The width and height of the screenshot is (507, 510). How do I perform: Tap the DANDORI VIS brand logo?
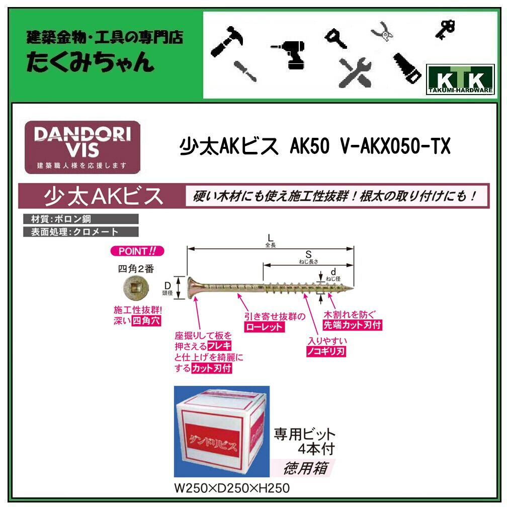82,147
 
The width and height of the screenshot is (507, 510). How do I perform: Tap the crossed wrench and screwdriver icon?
355,70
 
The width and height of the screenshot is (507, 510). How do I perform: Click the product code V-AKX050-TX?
394,147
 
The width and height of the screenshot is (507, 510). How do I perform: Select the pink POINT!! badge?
137,251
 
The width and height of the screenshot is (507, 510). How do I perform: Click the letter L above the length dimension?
270,237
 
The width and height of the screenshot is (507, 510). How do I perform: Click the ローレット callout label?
264,327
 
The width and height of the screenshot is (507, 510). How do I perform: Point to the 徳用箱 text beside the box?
306,468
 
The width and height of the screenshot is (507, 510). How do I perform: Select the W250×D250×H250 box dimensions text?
231,488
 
